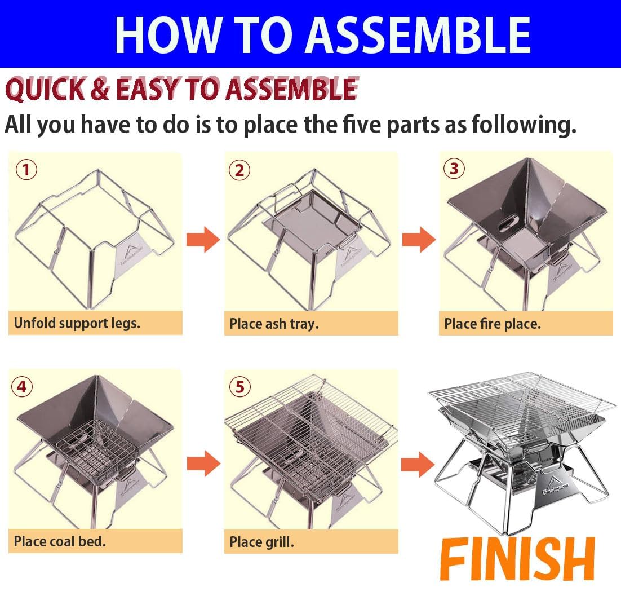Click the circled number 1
click(x=25, y=170)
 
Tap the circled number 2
click(x=239, y=170)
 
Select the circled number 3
click(x=454, y=169)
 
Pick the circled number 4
click(x=21, y=387)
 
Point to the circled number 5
click(x=240, y=387)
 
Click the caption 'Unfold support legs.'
click(x=77, y=323)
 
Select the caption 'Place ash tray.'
click(x=274, y=324)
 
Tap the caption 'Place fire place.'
click(x=492, y=324)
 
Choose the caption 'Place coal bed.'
click(x=60, y=541)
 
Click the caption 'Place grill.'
click(x=261, y=542)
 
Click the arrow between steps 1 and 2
click(x=203, y=240)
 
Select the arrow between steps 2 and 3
click(x=419, y=240)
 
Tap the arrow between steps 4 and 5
click(x=203, y=464)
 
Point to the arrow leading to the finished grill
click(x=418, y=464)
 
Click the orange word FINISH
click(x=517, y=560)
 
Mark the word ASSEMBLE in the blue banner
click(x=422, y=34)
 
